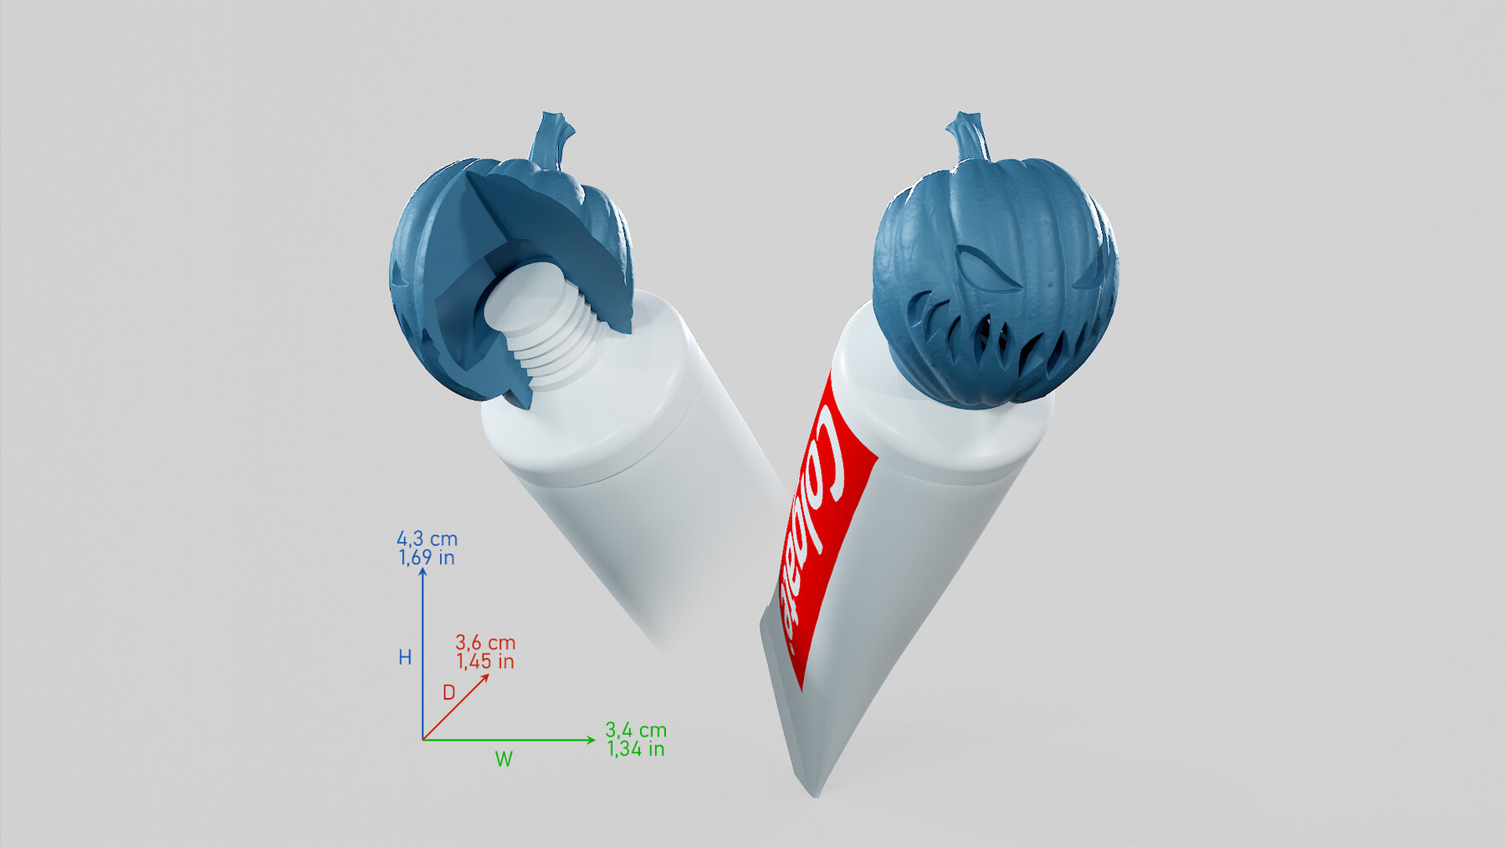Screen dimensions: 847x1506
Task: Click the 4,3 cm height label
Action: (x=427, y=539)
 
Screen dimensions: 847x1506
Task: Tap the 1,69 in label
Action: (x=427, y=558)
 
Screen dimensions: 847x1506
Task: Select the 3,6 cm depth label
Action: (x=485, y=643)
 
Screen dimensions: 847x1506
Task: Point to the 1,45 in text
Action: (x=485, y=661)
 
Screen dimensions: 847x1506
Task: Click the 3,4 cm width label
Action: (x=636, y=730)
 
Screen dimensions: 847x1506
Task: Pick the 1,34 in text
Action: (x=636, y=749)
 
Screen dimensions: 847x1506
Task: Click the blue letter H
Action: (x=405, y=658)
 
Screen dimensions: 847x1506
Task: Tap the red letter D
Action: (x=449, y=693)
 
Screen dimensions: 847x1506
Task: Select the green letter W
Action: (x=504, y=759)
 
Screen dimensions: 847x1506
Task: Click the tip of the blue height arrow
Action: (x=423, y=570)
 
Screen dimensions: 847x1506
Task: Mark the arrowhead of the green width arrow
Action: (x=592, y=739)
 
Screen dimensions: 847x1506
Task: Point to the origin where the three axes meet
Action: (x=423, y=739)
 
